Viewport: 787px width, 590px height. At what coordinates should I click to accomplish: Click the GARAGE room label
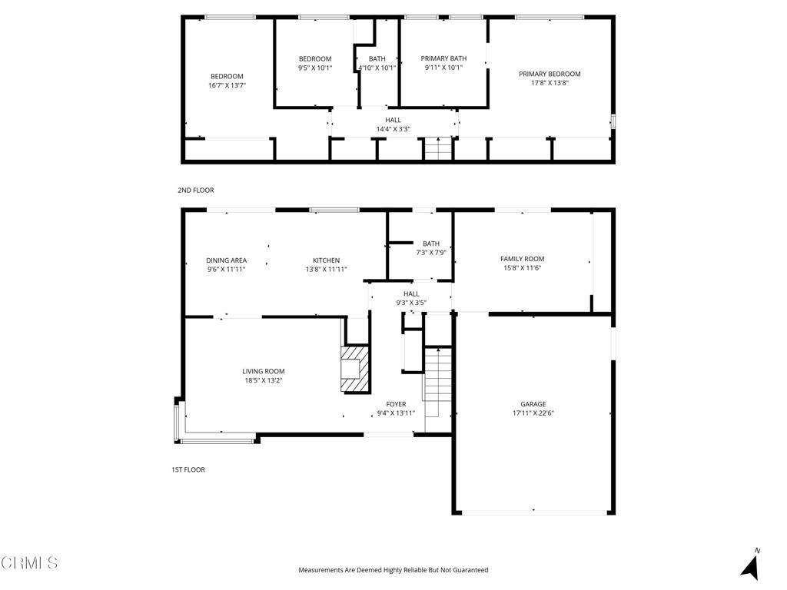(x=533, y=404)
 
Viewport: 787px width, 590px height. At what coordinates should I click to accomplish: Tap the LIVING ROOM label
(x=264, y=371)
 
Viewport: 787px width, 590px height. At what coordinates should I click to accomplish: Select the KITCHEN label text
(x=326, y=260)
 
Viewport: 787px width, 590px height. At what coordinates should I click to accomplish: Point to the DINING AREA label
(x=227, y=260)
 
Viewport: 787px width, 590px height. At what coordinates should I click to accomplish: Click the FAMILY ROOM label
(x=523, y=259)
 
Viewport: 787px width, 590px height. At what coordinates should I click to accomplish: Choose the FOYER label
(x=396, y=404)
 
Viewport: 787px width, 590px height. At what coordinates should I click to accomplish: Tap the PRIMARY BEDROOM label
(x=550, y=74)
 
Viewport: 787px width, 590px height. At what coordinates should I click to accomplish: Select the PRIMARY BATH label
(x=443, y=58)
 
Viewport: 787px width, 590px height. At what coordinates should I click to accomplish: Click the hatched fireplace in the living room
(x=355, y=369)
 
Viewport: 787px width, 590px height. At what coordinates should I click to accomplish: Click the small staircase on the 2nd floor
(x=438, y=148)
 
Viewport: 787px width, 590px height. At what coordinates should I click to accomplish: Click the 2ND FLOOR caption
(x=196, y=191)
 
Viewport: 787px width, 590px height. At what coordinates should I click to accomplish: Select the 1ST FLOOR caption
(x=188, y=469)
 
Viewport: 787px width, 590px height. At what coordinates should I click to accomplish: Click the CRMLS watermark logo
(x=29, y=563)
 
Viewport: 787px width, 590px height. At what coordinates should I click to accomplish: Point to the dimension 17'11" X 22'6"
(x=533, y=413)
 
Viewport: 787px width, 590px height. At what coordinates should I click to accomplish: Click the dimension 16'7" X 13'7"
(x=227, y=85)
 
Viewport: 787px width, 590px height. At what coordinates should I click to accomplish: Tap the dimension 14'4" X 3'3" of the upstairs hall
(x=393, y=129)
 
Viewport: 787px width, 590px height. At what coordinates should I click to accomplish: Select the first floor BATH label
(x=431, y=244)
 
